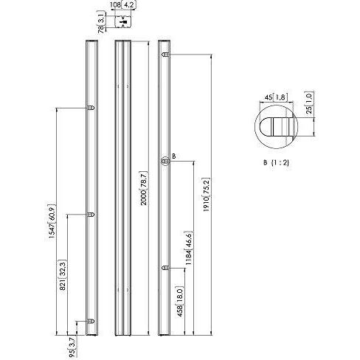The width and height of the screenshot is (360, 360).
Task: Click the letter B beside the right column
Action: [173, 155]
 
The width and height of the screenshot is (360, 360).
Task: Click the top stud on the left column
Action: [90, 108]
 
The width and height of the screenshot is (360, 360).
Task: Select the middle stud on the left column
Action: [90, 215]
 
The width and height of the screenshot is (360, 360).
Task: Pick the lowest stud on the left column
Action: [90, 320]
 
